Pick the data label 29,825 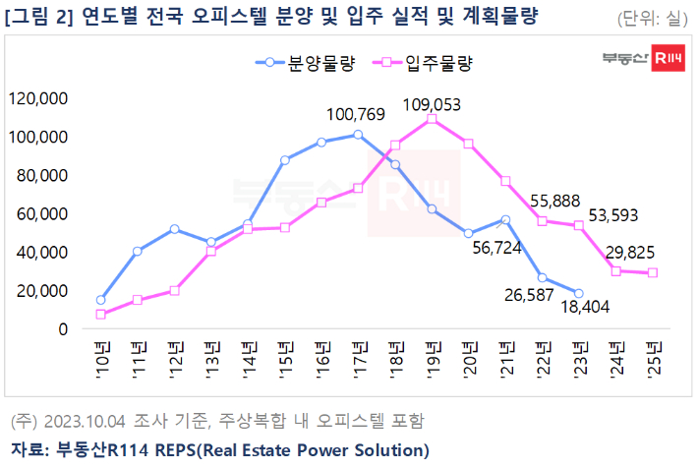point(643,251)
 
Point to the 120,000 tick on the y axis point(36,98)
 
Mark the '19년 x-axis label point(432,350)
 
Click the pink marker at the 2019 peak point(432,119)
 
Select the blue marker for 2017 point(358,134)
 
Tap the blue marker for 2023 point(578,293)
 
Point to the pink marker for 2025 point(652,272)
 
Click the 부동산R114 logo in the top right point(643,61)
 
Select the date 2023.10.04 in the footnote point(86,422)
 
